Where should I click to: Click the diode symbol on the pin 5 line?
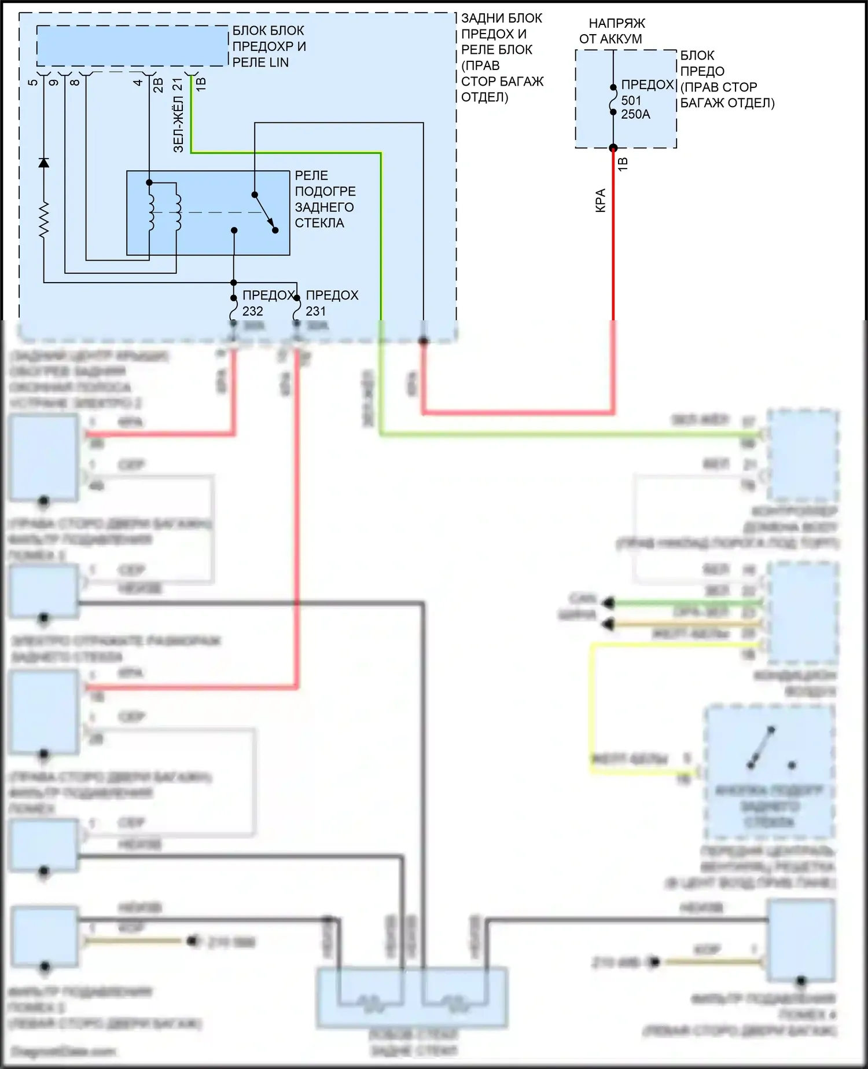pyautogui.click(x=43, y=163)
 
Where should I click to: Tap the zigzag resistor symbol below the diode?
pyautogui.click(x=43, y=220)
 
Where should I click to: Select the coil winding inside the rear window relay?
pyautogui.click(x=152, y=211)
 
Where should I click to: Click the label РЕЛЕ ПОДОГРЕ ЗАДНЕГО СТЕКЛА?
pyautogui.click(x=325, y=199)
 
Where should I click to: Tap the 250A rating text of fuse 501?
pyautogui.click(x=635, y=115)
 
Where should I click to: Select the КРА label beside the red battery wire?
pyautogui.click(x=601, y=200)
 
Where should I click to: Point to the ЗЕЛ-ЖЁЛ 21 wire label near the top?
pyautogui.click(x=178, y=116)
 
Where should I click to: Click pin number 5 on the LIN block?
pyautogui.click(x=33, y=82)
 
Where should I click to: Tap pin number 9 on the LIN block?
pyautogui.click(x=54, y=82)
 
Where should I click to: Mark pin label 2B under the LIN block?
pyautogui.click(x=158, y=85)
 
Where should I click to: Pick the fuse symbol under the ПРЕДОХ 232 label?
pyautogui.click(x=234, y=312)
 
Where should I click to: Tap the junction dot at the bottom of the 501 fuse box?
pyautogui.click(x=613, y=148)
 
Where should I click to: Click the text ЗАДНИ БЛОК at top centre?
pyautogui.click(x=501, y=19)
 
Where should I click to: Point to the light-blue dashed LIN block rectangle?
pyautogui.click(x=132, y=46)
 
